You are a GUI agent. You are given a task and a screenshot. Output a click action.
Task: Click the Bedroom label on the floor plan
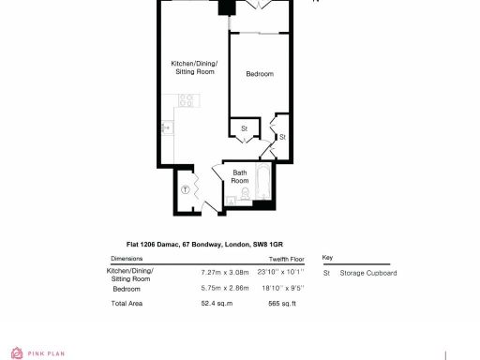[260, 73]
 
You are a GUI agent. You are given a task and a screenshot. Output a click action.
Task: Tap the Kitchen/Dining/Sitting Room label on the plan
[193, 67]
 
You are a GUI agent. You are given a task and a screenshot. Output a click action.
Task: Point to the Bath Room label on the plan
[240, 176]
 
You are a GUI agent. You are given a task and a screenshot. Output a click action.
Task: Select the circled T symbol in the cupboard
[186, 189]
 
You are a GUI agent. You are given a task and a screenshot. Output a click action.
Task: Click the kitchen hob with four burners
[187, 99]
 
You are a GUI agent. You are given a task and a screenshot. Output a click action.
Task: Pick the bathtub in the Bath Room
[262, 185]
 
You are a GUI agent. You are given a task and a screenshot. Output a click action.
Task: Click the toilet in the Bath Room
[243, 194]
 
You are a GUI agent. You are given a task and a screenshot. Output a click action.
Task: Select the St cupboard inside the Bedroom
[244, 128]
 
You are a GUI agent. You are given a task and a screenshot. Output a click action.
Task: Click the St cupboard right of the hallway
[282, 137]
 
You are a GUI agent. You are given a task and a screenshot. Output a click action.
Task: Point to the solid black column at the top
[226, 7]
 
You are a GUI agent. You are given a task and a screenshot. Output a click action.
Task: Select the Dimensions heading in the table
[127, 258]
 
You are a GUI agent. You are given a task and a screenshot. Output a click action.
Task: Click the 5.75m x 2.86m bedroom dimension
[225, 289]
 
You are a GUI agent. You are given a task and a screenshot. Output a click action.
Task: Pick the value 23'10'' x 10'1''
[288, 273]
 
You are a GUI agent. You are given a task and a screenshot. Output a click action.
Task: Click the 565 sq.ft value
[282, 304]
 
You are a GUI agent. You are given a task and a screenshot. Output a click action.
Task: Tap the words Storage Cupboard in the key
[368, 273]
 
